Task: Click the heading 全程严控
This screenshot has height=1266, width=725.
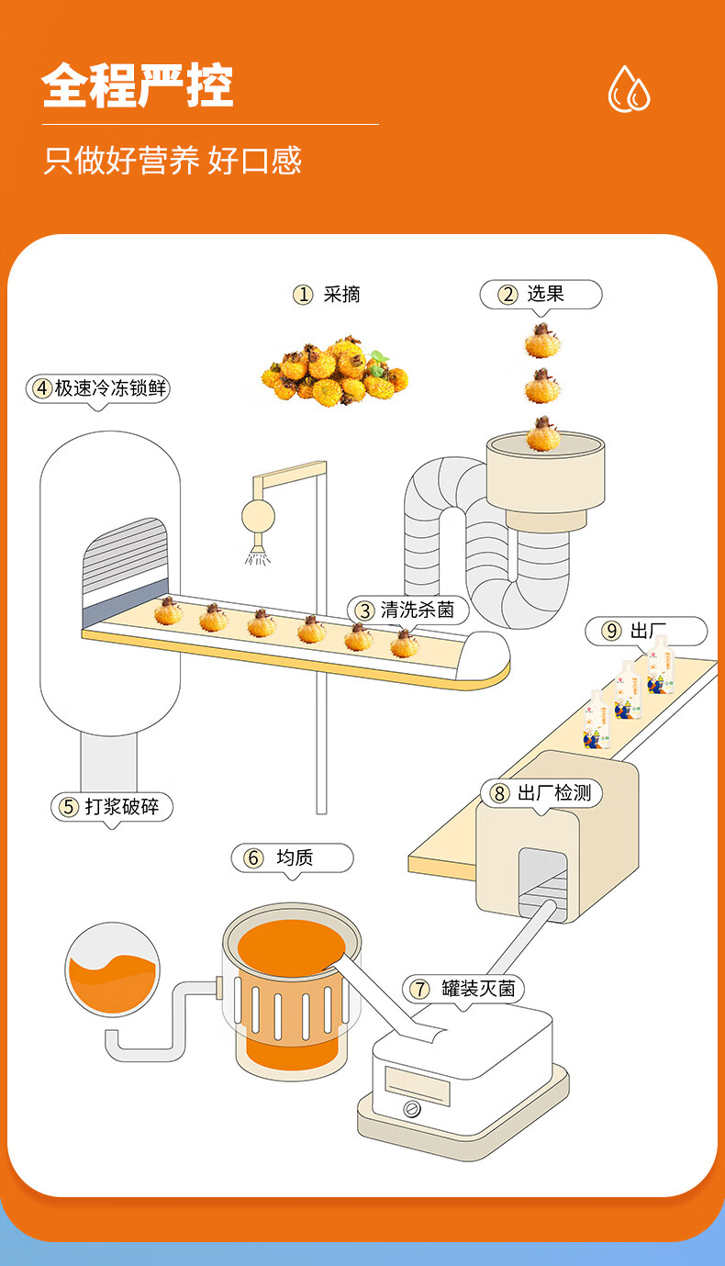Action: click(138, 86)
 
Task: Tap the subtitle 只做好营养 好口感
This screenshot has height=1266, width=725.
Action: click(173, 161)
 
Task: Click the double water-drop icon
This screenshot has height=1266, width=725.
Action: click(629, 89)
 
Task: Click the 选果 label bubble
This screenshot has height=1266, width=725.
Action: click(541, 295)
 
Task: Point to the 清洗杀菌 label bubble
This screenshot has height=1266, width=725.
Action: click(406, 610)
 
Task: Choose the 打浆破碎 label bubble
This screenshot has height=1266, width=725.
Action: click(111, 807)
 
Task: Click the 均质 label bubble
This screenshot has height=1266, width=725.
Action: click(292, 858)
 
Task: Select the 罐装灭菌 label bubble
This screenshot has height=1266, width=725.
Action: click(464, 989)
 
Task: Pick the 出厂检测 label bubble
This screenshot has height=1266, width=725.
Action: click(541, 793)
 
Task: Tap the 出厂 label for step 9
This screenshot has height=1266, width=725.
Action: click(647, 631)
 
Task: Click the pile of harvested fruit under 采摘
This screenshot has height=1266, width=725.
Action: click(334, 373)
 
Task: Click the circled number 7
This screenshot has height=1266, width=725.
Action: click(419, 989)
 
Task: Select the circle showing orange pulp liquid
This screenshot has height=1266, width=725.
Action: click(113, 970)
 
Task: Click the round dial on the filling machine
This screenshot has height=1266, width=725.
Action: click(412, 1109)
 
